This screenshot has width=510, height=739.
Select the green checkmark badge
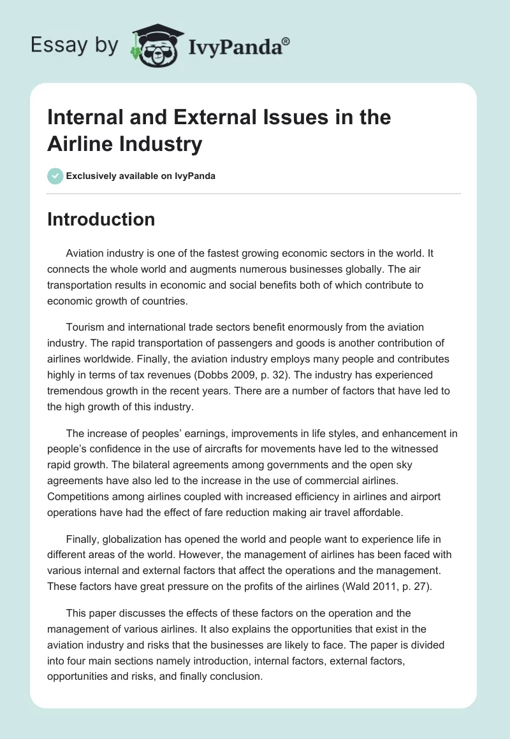(55, 176)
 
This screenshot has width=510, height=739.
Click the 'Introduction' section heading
(101, 219)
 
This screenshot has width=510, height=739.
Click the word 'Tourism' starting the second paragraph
(85, 327)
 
